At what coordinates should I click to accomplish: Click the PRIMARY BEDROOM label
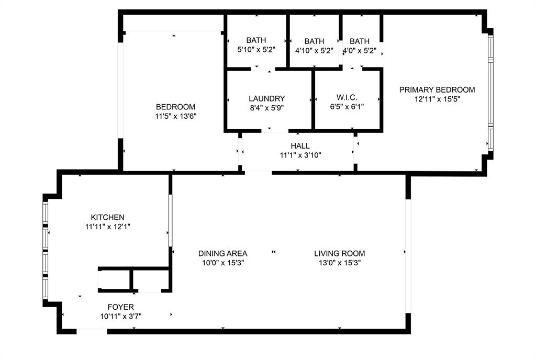[437, 89]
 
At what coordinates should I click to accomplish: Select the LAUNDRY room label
[267, 98]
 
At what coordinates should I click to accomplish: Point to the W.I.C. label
[347, 98]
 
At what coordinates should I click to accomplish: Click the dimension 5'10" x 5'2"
[256, 49]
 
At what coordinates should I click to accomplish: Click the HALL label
[300, 146]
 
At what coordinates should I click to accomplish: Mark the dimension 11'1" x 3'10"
[300, 155]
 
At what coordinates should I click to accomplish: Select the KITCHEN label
[107, 217]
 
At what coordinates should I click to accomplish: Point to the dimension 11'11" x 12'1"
[107, 226]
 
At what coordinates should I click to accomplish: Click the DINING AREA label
[222, 253]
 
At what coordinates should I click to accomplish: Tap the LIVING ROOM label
[339, 253]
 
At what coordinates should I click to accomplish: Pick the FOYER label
[121, 307]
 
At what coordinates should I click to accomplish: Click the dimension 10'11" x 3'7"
[121, 316]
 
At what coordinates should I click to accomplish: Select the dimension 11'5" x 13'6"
[175, 116]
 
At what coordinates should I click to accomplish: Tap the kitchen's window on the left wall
[46, 251]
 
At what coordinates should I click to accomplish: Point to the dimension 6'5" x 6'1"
[347, 107]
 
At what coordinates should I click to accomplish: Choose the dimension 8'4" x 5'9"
[267, 107]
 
